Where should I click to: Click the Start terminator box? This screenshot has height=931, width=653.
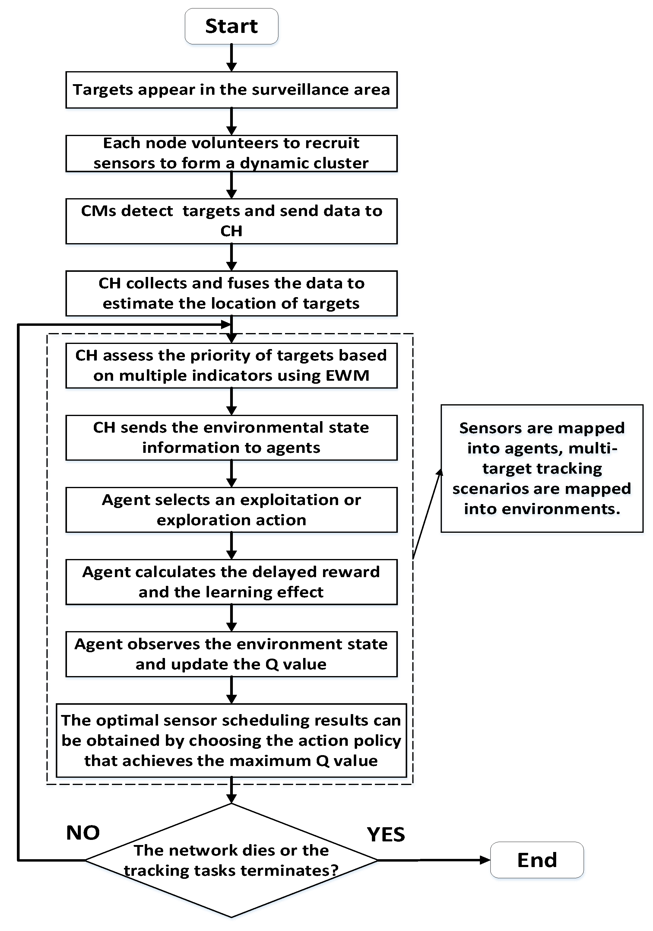pos(231,26)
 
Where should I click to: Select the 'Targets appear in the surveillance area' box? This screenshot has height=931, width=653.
pos(231,90)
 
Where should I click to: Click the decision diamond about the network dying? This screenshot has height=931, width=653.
pos(231,860)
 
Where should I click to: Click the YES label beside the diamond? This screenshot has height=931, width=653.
pos(385,834)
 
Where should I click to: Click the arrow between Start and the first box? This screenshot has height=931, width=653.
pos(231,58)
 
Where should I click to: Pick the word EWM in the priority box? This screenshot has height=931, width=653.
pos(347,376)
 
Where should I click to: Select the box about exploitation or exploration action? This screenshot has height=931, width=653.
pos(231,510)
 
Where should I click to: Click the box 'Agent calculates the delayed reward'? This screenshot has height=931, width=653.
pos(231,582)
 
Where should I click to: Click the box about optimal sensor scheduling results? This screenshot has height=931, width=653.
pos(231,740)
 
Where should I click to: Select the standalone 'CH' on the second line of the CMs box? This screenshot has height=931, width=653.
pos(231,231)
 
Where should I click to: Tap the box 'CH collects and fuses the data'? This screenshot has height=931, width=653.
pos(231,293)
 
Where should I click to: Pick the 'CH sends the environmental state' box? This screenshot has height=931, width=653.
pos(231,437)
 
